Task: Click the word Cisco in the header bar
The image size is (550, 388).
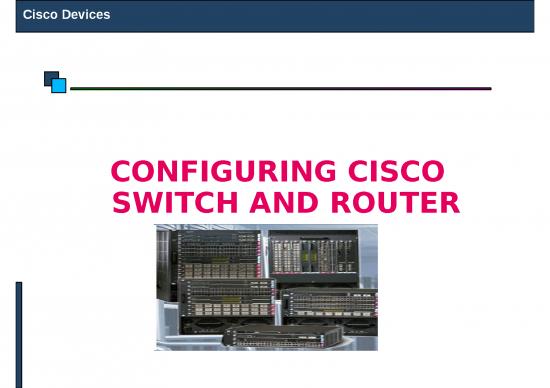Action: (40, 16)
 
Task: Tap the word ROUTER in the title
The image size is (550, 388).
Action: (389, 204)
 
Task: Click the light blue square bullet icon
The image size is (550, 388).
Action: (58, 86)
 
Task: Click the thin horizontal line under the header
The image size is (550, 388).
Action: (280, 88)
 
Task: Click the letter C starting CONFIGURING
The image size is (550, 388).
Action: (122, 171)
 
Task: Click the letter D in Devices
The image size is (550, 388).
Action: (66, 16)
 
